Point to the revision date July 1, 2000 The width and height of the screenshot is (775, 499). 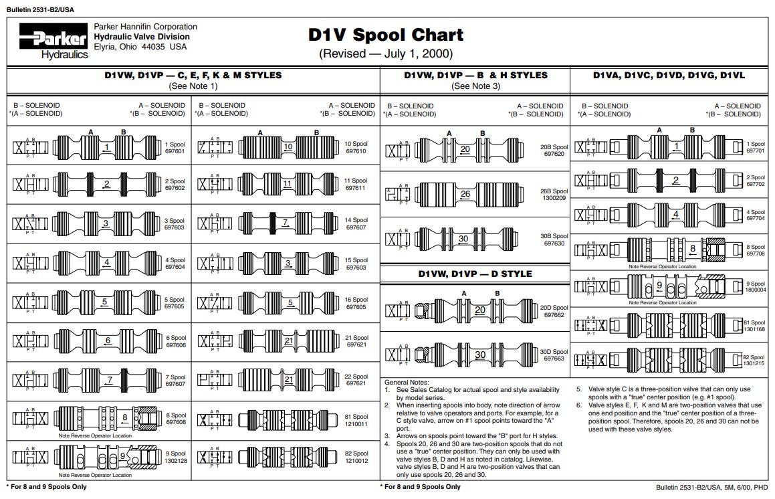pos(386,54)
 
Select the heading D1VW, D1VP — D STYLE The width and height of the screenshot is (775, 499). pos(475,274)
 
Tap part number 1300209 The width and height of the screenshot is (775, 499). pos(554,198)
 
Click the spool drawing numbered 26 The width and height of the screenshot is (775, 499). pos(466,195)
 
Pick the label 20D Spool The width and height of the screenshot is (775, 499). pos(554,308)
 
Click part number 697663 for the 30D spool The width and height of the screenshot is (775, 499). pos(554,359)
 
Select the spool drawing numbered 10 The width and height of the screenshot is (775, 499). pos(288,146)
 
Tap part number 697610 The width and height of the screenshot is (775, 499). pos(356,151)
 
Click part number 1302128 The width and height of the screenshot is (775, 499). pos(177,461)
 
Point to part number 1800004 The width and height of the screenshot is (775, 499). pos(755,290)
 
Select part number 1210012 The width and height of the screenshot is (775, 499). pos(356,461)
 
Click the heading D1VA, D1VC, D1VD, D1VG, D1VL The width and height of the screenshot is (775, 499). pos(669,75)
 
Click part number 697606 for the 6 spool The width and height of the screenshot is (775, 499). pos(175,345)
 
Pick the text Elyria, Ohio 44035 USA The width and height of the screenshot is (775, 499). pos(140,47)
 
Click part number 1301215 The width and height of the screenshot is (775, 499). pos(754,364)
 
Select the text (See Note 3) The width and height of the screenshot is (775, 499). pos(475,86)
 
